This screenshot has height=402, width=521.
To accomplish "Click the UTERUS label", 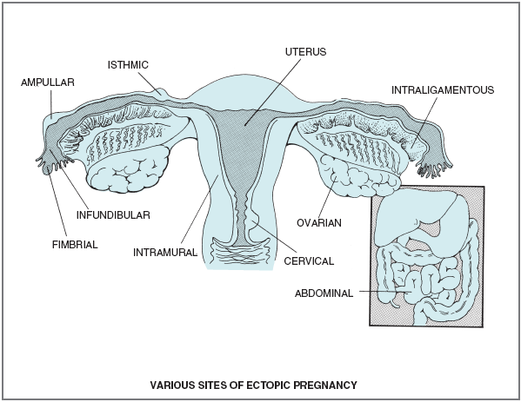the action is (305, 52).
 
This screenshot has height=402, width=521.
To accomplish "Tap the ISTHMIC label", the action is (128, 64).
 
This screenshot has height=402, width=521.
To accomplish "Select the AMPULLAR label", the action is (48, 82).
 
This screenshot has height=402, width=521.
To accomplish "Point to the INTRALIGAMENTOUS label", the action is (443, 90).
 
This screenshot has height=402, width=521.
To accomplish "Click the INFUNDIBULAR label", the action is (113, 215).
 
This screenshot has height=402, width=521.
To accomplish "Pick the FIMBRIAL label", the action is (75, 245).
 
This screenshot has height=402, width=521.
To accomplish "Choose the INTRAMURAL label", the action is (165, 253).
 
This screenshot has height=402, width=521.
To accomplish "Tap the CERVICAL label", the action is (309, 261).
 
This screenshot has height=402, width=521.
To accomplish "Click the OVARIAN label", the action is (319, 223).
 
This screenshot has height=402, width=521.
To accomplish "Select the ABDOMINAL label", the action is (324, 293).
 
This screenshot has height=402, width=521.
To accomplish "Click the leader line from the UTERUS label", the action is (272, 92).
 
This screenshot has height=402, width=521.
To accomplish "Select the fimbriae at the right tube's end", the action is (435, 168).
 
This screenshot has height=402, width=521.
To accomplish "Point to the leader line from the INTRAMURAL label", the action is (199, 211).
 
